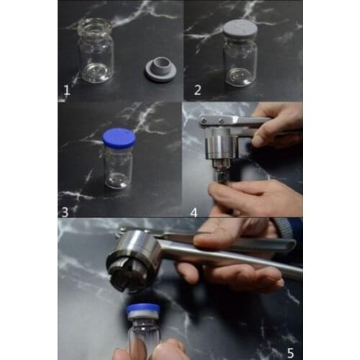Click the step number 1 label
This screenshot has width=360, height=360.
click(66, 91)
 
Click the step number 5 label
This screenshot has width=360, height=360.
click(291, 352)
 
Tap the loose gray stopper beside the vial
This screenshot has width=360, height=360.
click(158, 70)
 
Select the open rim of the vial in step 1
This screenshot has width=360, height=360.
click(96, 24)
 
